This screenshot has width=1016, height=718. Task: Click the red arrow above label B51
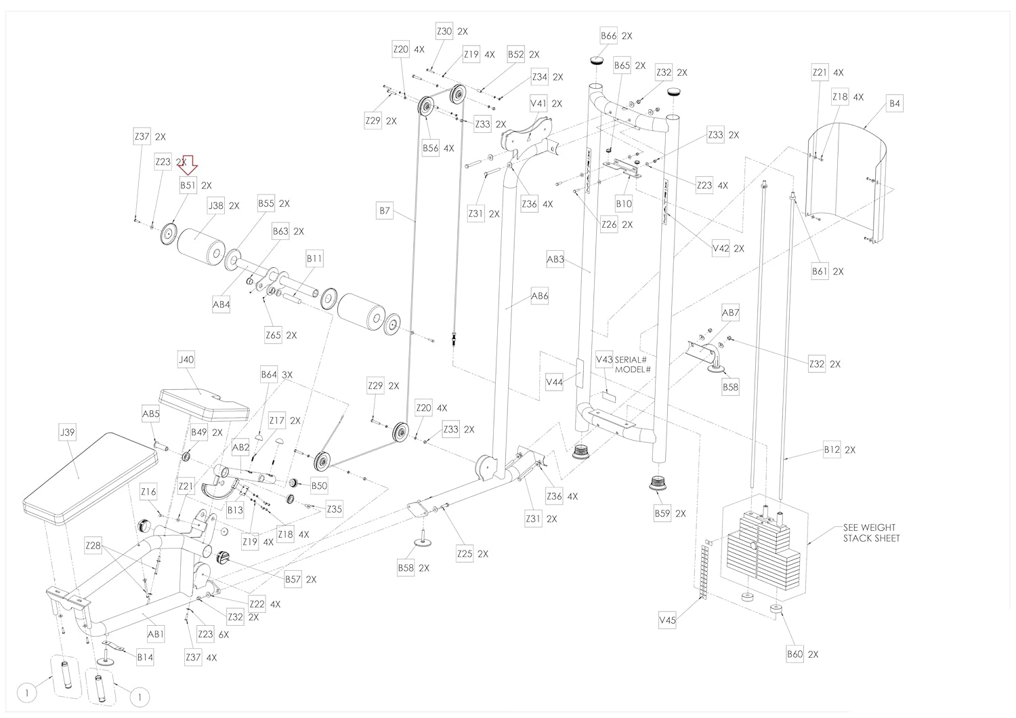[188, 165]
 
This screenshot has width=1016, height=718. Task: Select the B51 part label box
[188, 185]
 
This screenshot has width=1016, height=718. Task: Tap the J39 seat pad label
[67, 433]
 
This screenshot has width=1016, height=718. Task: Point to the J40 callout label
[186, 360]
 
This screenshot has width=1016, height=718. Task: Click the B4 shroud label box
[895, 104]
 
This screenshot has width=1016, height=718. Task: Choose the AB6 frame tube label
[539, 296]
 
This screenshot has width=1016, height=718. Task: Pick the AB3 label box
[555, 259]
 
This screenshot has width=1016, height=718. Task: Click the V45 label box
[667, 620]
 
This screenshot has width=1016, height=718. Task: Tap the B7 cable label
[385, 211]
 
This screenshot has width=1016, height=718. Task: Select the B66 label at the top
[608, 36]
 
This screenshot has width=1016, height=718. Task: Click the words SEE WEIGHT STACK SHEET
[871, 533]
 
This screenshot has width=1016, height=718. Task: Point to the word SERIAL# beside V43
[631, 360]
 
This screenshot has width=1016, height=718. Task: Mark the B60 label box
[795, 654]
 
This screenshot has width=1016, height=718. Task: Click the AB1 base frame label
[155, 634]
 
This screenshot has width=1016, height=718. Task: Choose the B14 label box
[145, 657]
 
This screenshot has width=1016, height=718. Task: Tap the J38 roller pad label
[216, 205]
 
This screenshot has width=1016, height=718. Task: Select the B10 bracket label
[624, 204]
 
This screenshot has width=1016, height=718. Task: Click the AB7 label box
[730, 313]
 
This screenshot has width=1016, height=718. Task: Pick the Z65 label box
[273, 336]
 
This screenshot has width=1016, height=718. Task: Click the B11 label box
[314, 259]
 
